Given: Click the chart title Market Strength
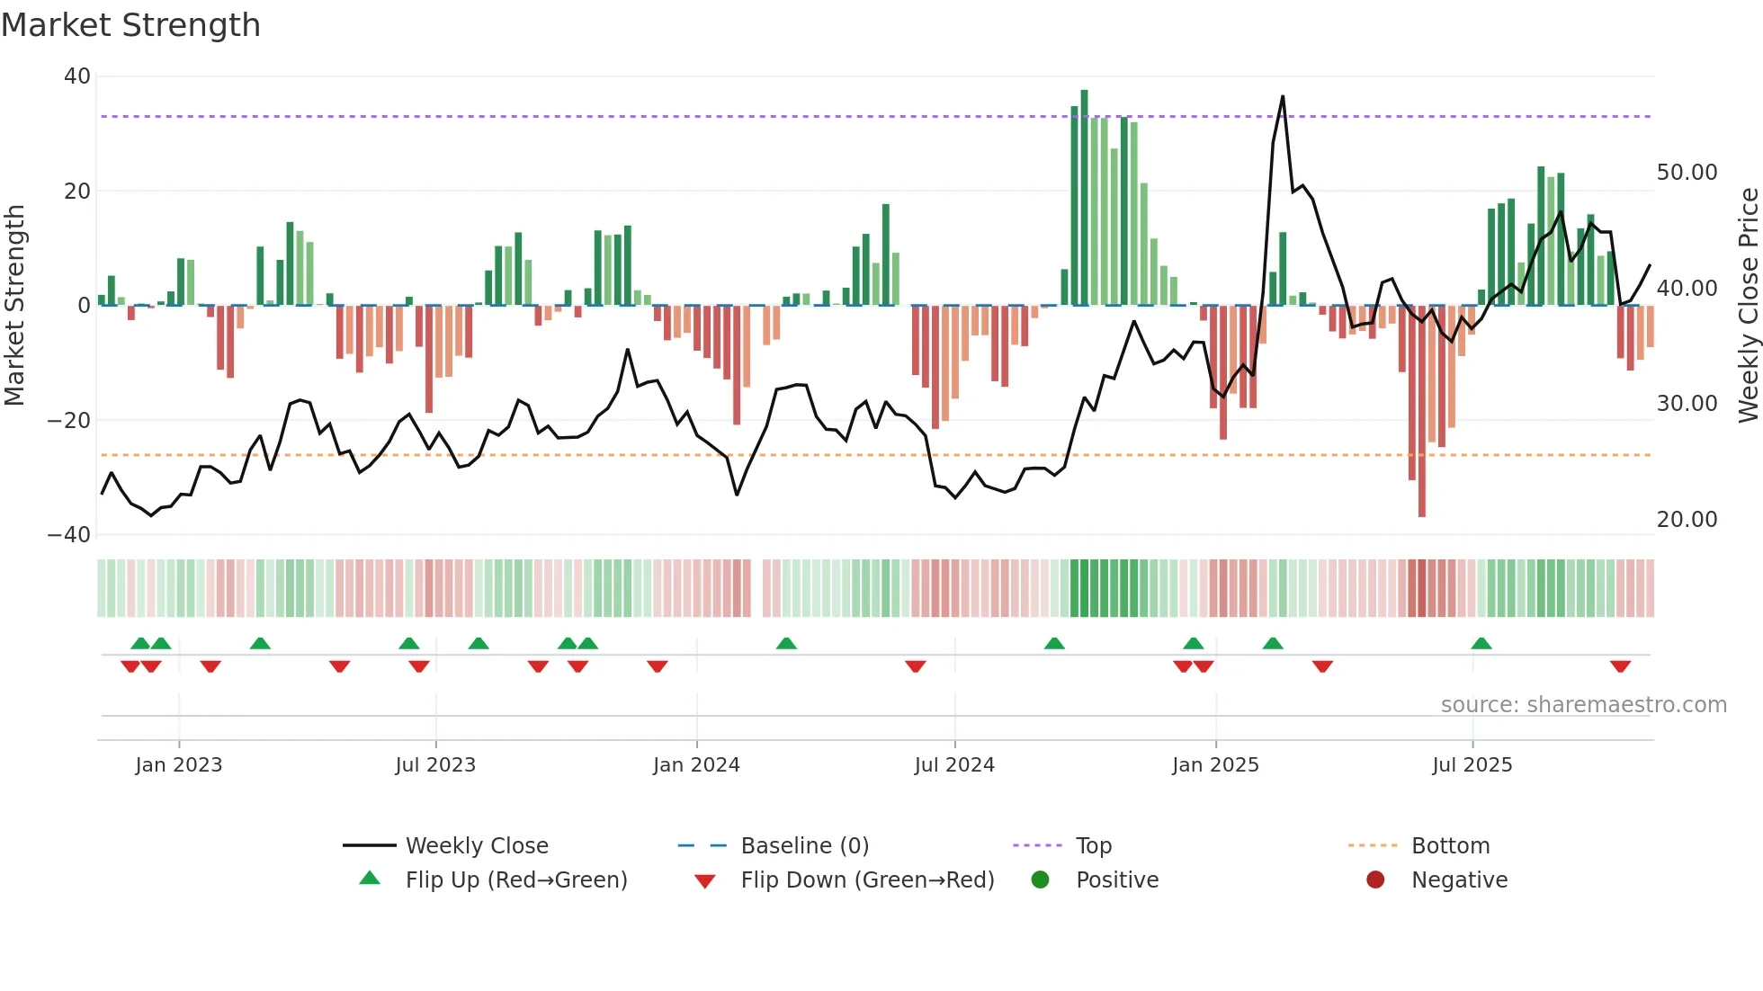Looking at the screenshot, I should coord(130,25).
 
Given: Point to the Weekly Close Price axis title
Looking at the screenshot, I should coord(1748,305).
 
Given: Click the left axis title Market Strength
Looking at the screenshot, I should coord(14,305).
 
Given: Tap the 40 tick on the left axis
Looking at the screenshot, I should coord(77,76).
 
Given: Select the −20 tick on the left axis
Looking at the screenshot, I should coord(69,420).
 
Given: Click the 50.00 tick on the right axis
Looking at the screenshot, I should coord(1687,173).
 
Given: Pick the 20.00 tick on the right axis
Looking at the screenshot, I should coord(1687,520).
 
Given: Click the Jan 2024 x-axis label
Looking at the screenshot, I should coord(696,765).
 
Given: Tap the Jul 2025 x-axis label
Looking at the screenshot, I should coord(1472,765).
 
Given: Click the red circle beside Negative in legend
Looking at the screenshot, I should coord(1374,880).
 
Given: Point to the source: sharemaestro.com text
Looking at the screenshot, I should coord(1583,705).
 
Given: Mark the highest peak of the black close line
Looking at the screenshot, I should coord(1282,97).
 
